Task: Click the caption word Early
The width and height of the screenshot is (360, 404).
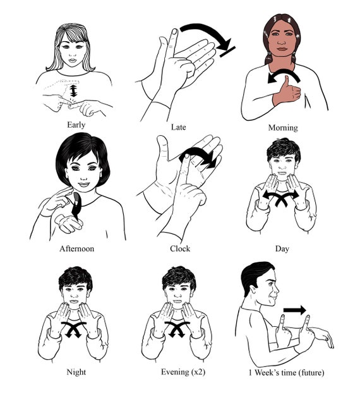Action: point(76,125)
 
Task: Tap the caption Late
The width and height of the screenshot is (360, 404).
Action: point(178,127)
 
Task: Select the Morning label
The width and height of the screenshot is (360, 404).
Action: point(282,128)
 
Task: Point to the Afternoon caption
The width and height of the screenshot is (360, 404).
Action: point(76,248)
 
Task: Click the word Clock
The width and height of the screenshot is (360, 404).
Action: point(180,248)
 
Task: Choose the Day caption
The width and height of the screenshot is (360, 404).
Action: point(282,248)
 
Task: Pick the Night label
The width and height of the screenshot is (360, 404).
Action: point(76,372)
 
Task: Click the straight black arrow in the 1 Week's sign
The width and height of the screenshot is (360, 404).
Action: point(294,310)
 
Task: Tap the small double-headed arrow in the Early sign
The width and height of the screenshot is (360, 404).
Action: point(73,92)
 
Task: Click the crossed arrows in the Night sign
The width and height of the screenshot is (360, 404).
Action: point(75,329)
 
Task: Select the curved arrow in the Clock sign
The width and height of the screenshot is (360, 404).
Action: point(197,156)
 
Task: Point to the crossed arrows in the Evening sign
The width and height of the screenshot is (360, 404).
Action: point(178,329)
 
